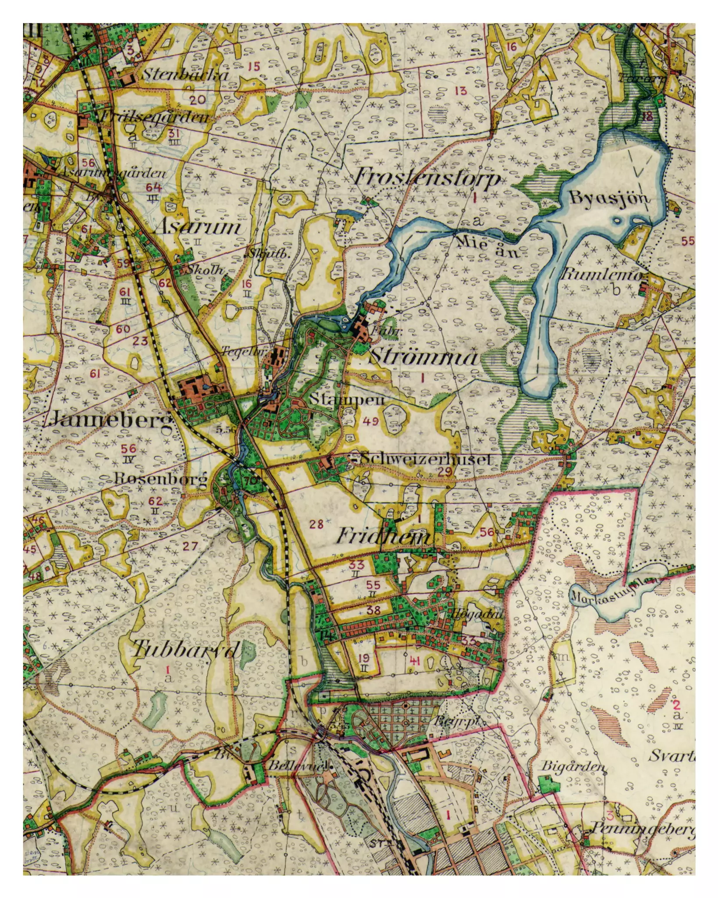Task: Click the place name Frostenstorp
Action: tap(427, 178)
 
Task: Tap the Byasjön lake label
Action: tap(609, 198)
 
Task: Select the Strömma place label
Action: tap(423, 357)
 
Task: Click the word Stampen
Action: tap(346, 399)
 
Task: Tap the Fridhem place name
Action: tap(384, 536)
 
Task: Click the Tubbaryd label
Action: tap(186, 649)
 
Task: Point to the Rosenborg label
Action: tap(160, 479)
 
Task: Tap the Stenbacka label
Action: tap(185, 75)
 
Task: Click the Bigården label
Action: tap(573, 766)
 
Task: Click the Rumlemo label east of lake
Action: tap(601, 275)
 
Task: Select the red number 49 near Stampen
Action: tap(370, 422)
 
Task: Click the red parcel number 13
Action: tap(461, 91)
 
